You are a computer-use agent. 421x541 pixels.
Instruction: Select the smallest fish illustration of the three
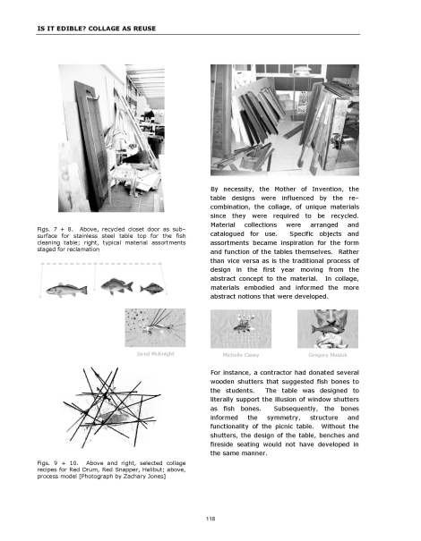156,287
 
